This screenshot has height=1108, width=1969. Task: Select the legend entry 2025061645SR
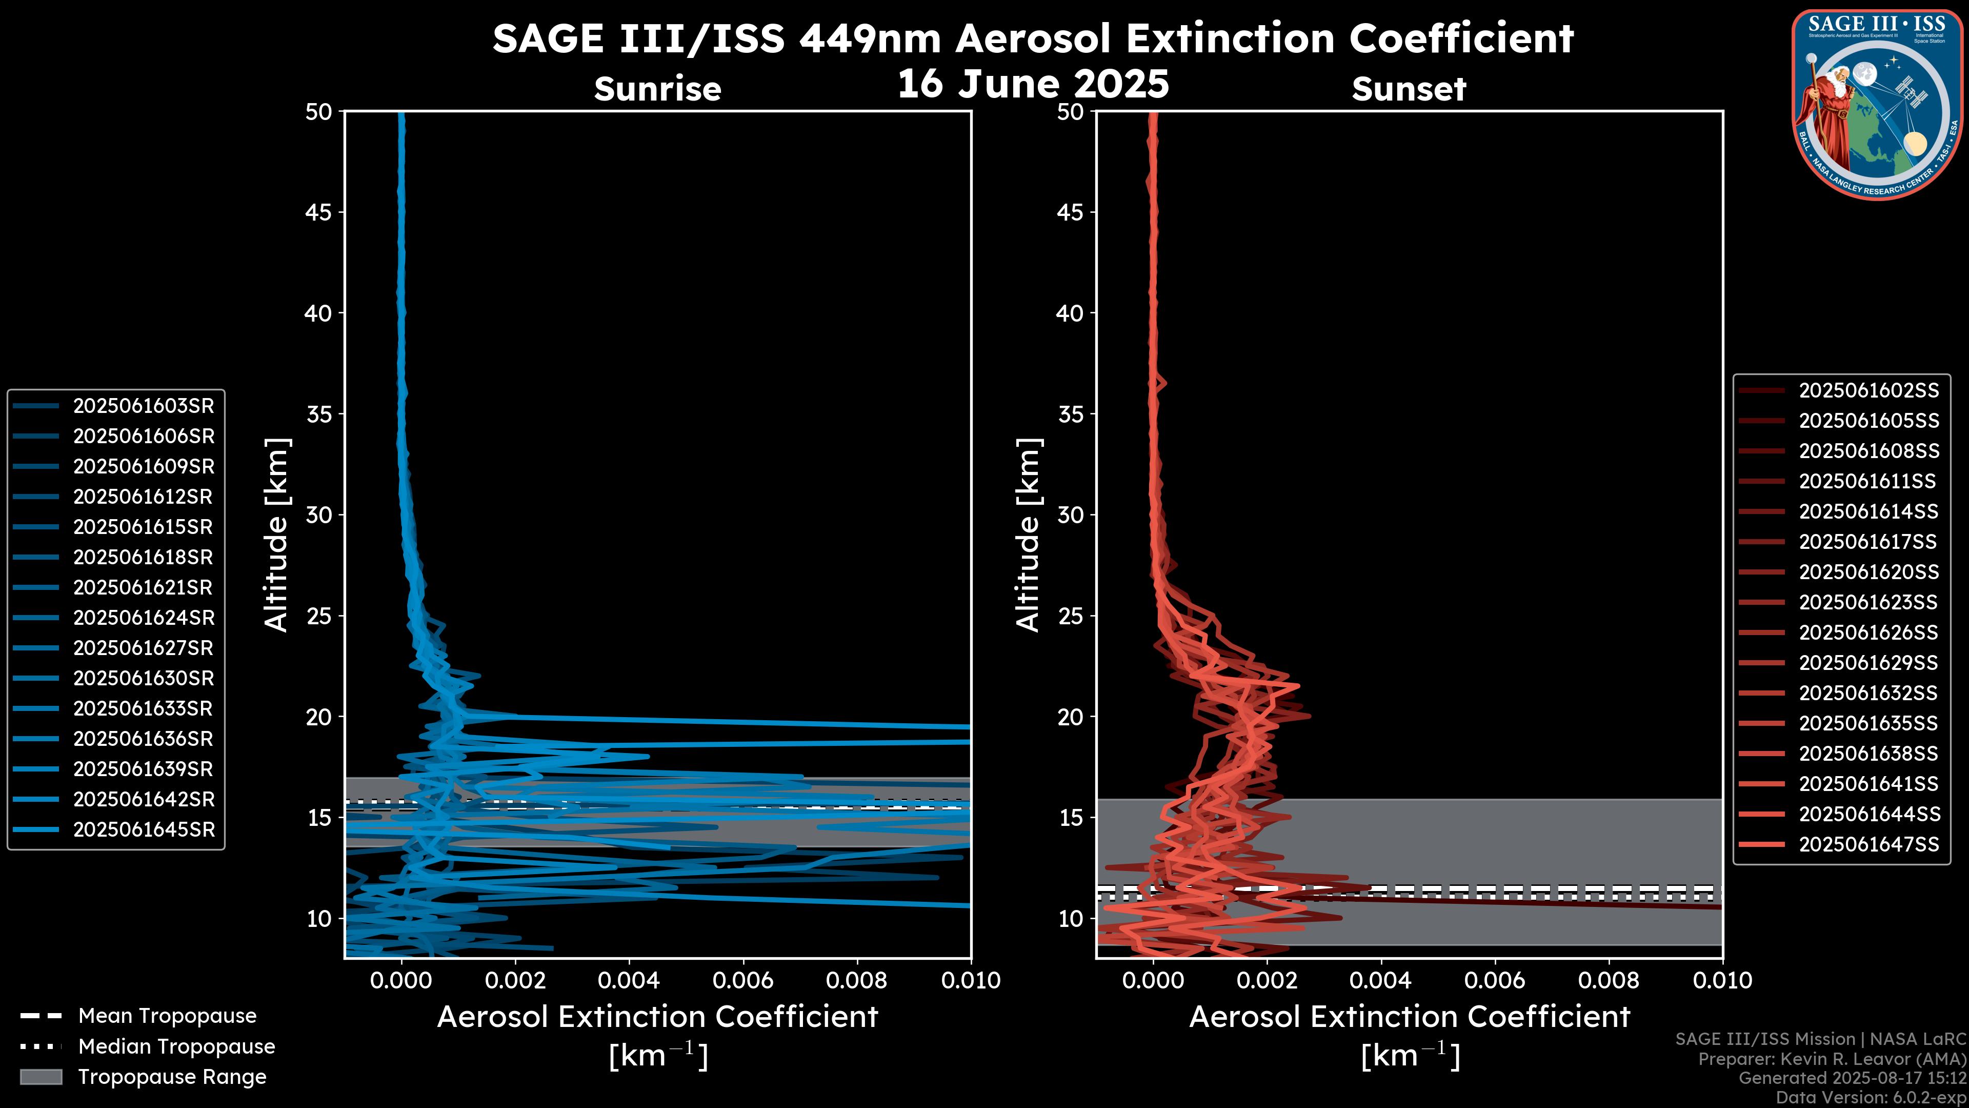coord(143,829)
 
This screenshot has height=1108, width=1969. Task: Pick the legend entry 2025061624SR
coord(143,618)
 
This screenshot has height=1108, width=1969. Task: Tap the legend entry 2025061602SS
coord(1868,391)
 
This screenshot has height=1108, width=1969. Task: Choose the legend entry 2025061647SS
coord(1868,844)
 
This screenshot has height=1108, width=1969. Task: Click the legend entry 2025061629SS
coord(1868,663)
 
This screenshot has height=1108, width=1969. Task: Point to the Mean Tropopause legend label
coord(167,1016)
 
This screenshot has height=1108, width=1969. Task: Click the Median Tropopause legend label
coord(176,1047)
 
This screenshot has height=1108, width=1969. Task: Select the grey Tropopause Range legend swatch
coord(41,1077)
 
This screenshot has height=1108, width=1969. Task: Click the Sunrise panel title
coord(657,89)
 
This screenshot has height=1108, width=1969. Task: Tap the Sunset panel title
coord(1409,89)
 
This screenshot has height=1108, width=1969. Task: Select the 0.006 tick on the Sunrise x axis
coord(743,980)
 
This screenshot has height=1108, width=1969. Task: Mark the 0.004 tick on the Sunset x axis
coord(1380,980)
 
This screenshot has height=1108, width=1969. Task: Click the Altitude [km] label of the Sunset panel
coord(1029,535)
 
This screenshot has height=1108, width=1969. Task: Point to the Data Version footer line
coord(1870,1097)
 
